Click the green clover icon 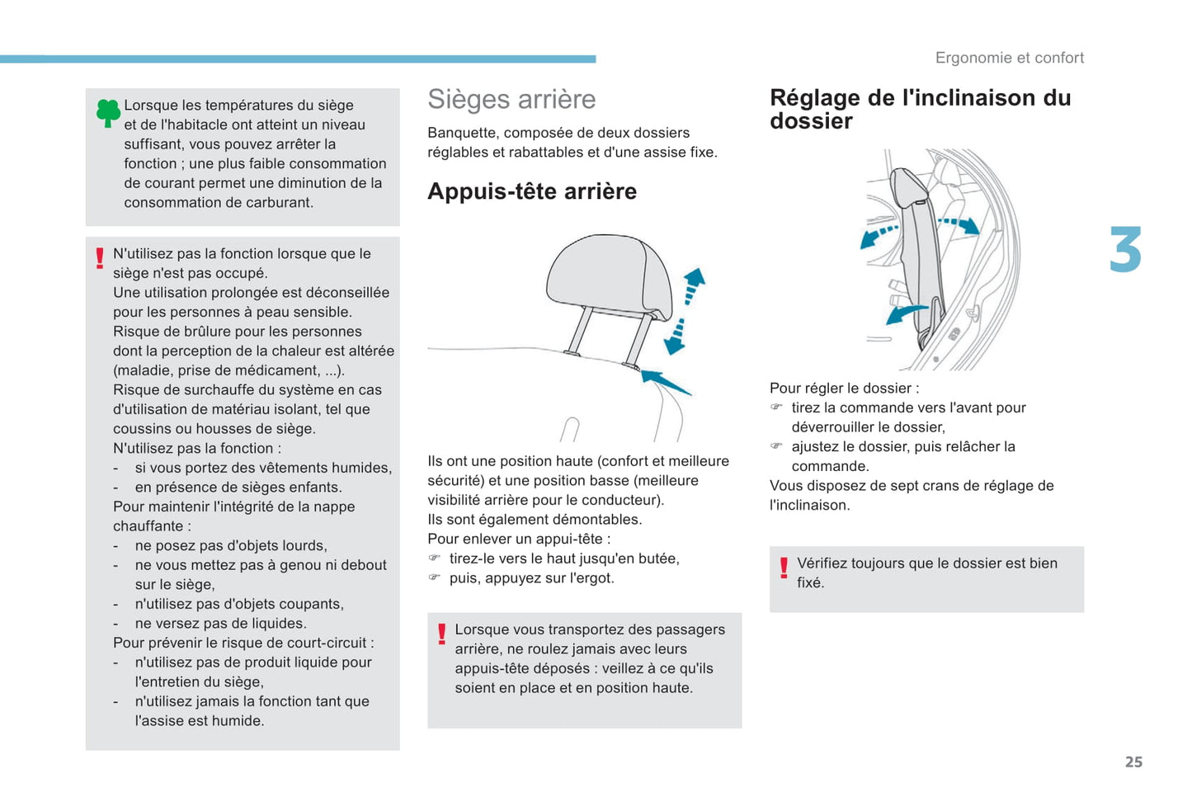[108, 112]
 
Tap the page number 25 [1133, 762]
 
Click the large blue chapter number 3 [1125, 250]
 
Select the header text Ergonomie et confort [1009, 58]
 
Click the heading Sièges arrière [511, 99]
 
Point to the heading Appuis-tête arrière [531, 191]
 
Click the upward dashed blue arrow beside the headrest [694, 285]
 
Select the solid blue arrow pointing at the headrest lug [666, 382]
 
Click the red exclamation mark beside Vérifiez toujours [784, 568]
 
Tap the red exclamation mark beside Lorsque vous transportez [441, 634]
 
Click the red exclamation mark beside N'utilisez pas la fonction [100, 258]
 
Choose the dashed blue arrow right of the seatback [959, 224]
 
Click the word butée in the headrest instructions [657, 559]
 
